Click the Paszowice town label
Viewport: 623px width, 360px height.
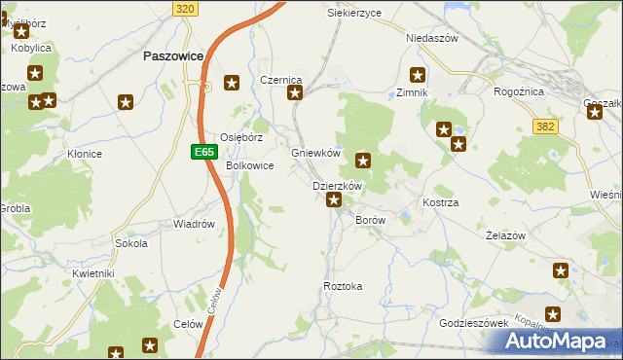pyautogui.click(x=172, y=56)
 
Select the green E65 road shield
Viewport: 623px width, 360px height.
pyautogui.click(x=202, y=152)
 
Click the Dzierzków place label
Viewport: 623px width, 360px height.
pyautogui.click(x=337, y=186)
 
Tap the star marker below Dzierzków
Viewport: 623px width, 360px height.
pyautogui.click(x=334, y=200)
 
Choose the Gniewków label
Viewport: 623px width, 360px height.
pyautogui.click(x=315, y=153)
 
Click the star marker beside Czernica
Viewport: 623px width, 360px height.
pyautogui.click(x=295, y=93)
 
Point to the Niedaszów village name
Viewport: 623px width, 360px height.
pyautogui.click(x=431, y=38)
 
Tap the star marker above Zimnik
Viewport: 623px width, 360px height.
pyautogui.click(x=418, y=74)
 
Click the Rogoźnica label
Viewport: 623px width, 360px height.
pyautogui.click(x=521, y=92)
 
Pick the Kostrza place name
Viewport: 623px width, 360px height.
pyautogui.click(x=440, y=202)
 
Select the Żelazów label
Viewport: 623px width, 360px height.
pyautogui.click(x=505, y=236)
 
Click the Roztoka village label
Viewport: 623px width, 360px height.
pyautogui.click(x=343, y=286)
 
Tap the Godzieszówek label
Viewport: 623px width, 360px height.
pyautogui.click(x=474, y=323)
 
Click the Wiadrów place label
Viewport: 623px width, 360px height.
pyautogui.click(x=193, y=224)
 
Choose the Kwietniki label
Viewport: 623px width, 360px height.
pyautogui.click(x=93, y=273)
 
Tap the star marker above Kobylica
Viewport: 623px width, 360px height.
pyautogui.click(x=20, y=31)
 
